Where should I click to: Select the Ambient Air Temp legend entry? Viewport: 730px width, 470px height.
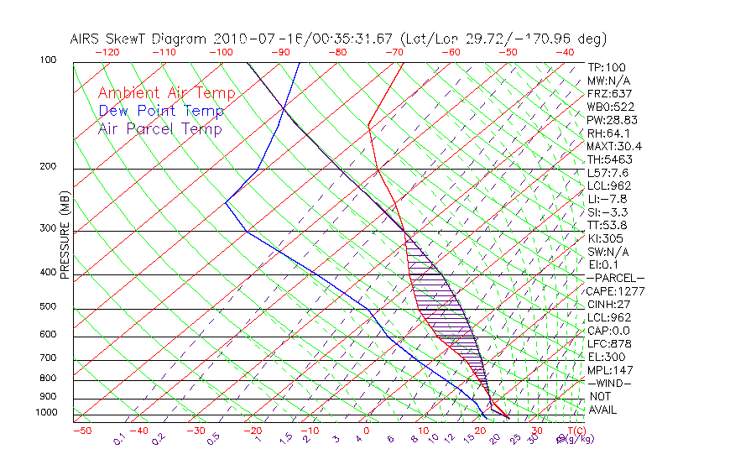(166, 93)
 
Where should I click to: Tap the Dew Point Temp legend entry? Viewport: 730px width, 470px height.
(161, 111)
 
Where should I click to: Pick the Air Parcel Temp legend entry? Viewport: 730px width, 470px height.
(159, 128)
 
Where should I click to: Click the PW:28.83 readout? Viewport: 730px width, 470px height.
(611, 120)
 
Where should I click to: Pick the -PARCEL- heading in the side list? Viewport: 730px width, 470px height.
(615, 278)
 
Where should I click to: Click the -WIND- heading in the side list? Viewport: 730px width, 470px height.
(610, 383)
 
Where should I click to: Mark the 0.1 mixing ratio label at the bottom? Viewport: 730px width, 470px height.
(119, 439)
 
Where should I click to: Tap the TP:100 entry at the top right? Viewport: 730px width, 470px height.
(607, 67)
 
